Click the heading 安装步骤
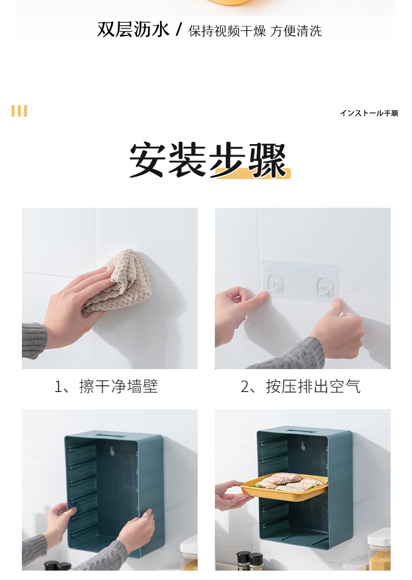coord(208,160)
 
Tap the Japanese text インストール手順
coord(369,113)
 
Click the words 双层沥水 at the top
coord(133,30)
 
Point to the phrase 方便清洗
coord(296,31)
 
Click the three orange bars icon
coord(19,111)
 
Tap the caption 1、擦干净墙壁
coord(106,387)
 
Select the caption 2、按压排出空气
coord(300,387)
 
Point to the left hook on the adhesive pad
coord(275,285)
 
